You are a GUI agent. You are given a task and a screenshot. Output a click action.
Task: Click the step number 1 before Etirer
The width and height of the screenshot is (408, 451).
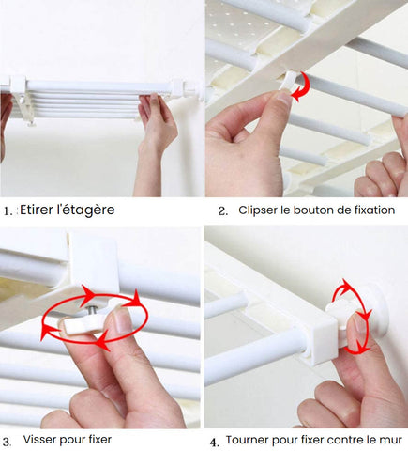point(8,211)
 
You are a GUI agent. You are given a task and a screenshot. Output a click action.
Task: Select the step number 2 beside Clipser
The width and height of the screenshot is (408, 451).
point(222,211)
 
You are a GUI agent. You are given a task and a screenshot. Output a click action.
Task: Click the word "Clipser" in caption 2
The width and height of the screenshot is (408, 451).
point(259,210)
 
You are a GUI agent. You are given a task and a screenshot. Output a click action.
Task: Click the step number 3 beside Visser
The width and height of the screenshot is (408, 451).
point(8,440)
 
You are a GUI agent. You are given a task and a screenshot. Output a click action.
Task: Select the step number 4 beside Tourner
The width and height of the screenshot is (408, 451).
point(214,441)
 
